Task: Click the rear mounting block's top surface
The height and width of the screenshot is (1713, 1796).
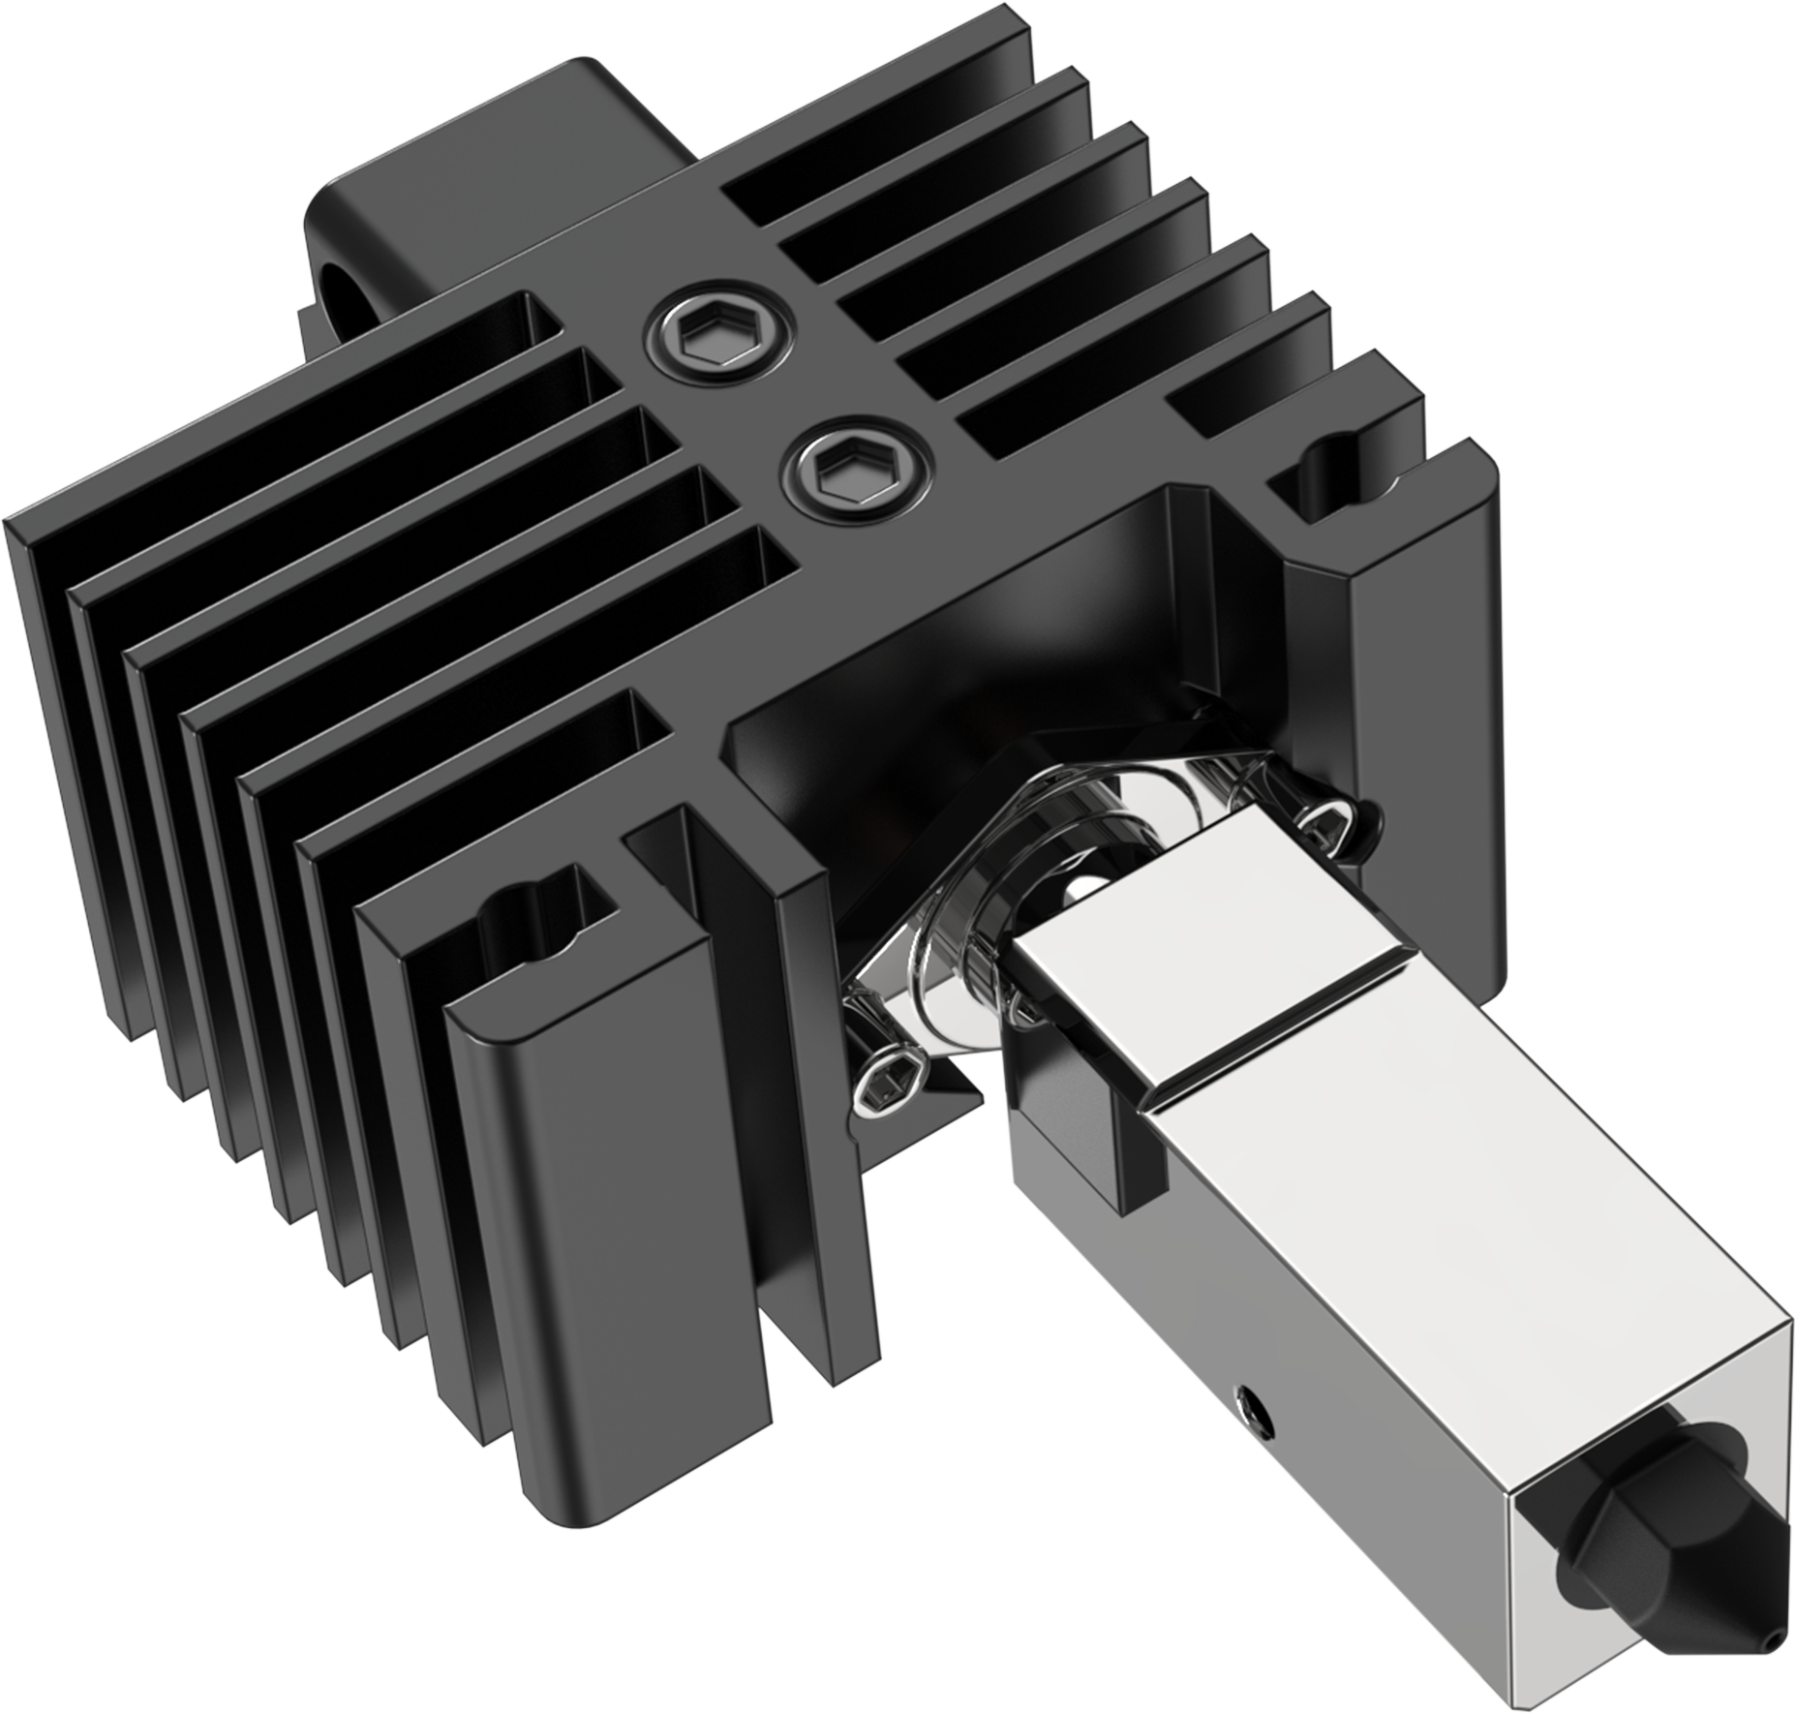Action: [503, 145]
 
